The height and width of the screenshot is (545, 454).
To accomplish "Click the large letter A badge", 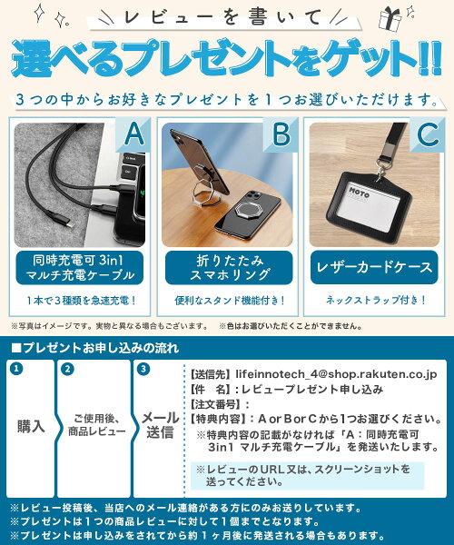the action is pyautogui.click(x=134, y=134).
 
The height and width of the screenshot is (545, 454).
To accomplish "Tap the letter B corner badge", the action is pyautogui.click(x=281, y=134).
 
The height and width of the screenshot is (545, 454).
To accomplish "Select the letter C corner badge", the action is pyautogui.click(x=428, y=134).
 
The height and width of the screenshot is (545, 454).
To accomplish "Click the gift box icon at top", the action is pyautogui.click(x=390, y=19).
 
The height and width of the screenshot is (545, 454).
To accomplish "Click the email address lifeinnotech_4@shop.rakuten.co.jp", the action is pyautogui.click(x=336, y=374).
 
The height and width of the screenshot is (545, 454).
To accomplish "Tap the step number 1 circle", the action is pyautogui.click(x=16, y=369).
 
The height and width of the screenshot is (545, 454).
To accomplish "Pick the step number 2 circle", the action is pyautogui.click(x=67, y=369).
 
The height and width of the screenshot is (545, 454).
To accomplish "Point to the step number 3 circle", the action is pyautogui.click(x=143, y=369).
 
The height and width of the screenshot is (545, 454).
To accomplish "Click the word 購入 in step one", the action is pyautogui.click(x=31, y=426).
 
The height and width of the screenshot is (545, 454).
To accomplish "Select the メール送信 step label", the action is pyautogui.click(x=160, y=425).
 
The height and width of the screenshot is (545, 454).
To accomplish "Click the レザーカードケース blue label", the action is pyautogui.click(x=374, y=267).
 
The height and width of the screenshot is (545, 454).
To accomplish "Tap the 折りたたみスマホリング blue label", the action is pyautogui.click(x=229, y=268).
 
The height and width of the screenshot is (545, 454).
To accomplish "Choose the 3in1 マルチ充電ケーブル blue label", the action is pyautogui.click(x=80, y=268).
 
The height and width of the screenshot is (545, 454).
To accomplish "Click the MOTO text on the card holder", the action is pyautogui.click(x=359, y=192).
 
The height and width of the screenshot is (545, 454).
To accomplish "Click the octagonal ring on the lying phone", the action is pyautogui.click(x=246, y=210).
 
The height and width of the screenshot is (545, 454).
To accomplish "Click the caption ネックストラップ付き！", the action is pyautogui.click(x=375, y=300).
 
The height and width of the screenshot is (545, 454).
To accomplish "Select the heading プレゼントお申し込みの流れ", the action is pyautogui.click(x=94, y=348).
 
